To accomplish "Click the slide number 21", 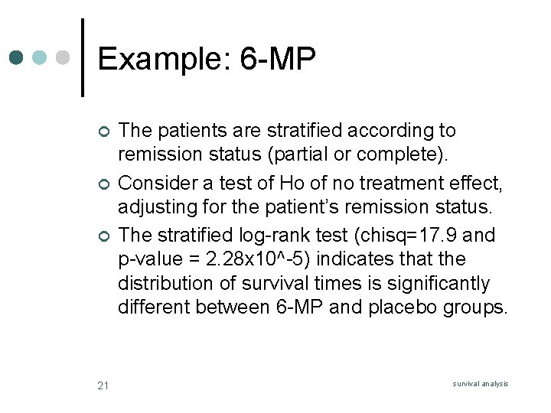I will pos(103,385).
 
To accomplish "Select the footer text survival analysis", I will pos(481,384).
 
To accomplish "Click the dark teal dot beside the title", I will pos(18,57).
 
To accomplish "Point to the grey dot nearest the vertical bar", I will pos(64,57).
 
